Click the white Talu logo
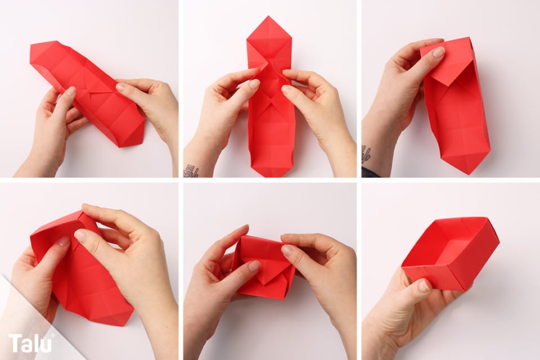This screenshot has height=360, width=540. [x=30, y=343]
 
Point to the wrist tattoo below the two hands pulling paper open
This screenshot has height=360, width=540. [x=191, y=171]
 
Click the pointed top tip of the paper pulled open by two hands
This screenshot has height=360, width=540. [x=268, y=16]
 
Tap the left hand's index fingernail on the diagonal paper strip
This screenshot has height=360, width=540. [x=70, y=91]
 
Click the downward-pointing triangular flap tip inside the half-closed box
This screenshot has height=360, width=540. [x=265, y=283]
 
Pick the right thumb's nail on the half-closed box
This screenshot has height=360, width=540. [x=286, y=250]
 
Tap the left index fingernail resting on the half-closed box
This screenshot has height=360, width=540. [x=254, y=266]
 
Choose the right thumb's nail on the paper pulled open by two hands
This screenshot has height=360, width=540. [x=286, y=90]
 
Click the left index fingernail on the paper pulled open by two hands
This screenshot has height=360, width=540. [x=254, y=84]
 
